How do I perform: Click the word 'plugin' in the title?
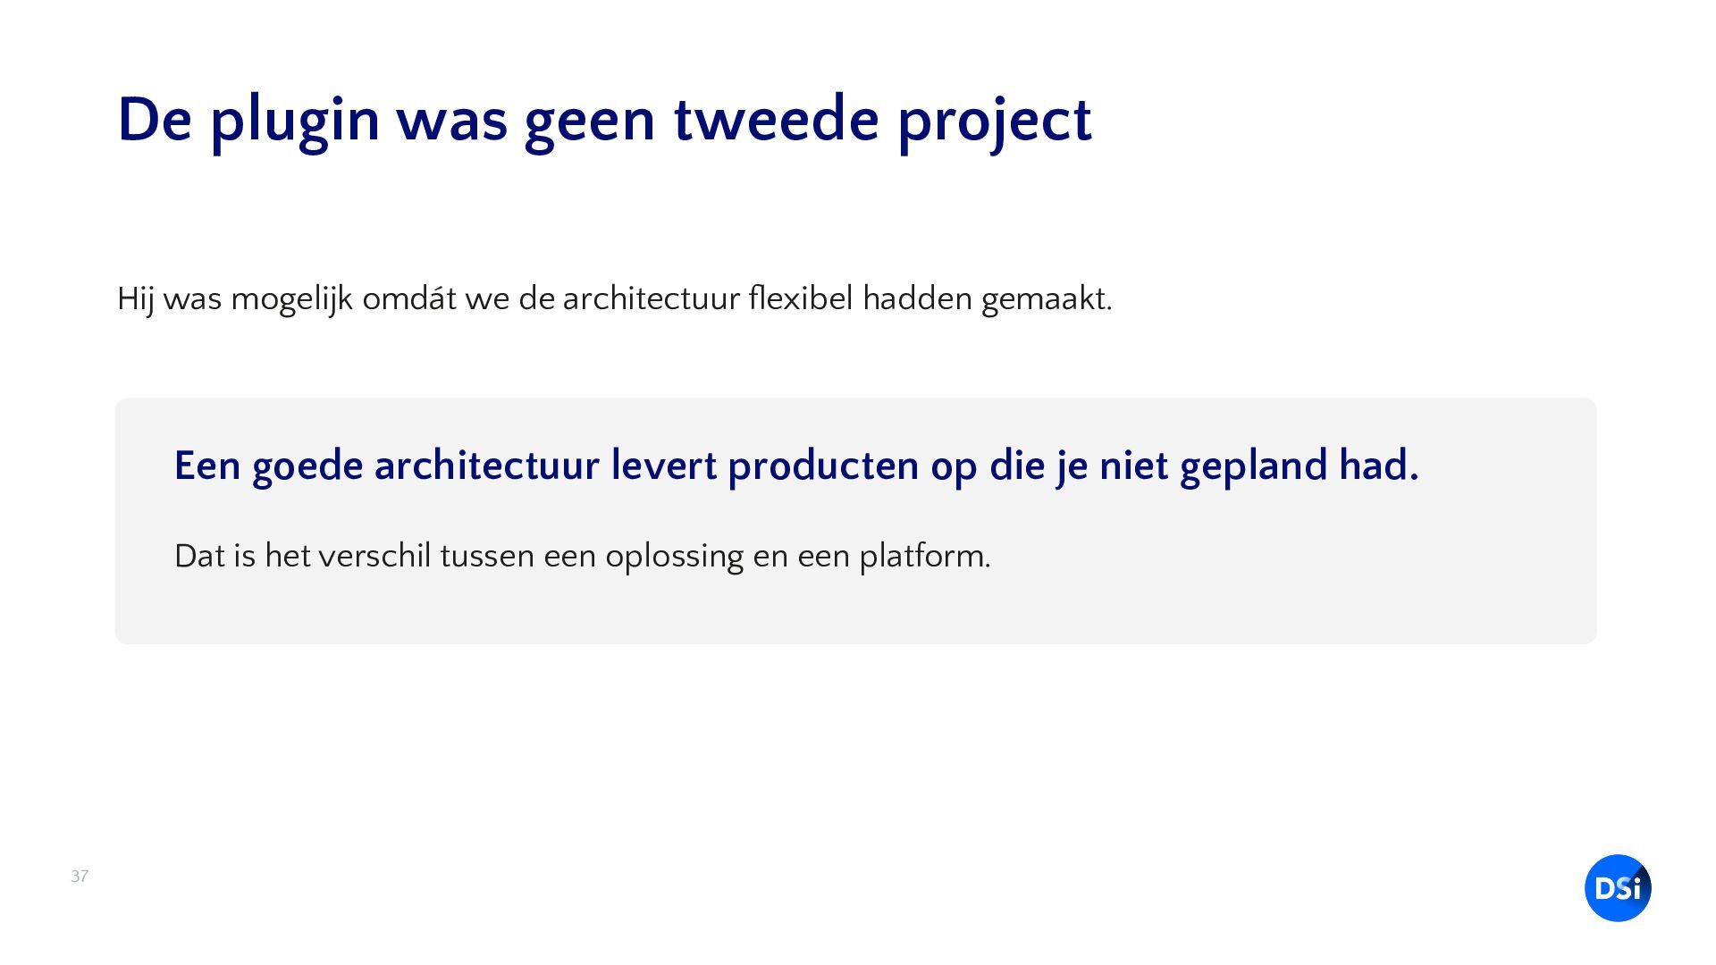pos(295,121)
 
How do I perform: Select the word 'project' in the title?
pos(994,122)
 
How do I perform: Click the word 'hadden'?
pos(917,298)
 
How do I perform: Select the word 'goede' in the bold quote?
pos(307,467)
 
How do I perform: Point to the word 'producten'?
pos(823,467)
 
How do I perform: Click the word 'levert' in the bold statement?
pos(664,466)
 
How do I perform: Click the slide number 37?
pos(80,877)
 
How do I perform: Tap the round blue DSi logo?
pos(1618,888)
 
